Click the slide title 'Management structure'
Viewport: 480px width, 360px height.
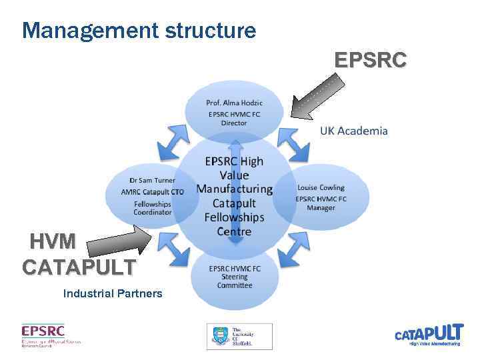click(139, 30)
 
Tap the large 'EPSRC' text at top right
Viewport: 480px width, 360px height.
click(369, 61)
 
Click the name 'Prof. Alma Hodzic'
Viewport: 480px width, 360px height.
click(234, 102)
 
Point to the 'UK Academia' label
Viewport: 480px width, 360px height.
click(353, 131)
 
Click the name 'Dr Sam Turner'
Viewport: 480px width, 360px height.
click(153, 180)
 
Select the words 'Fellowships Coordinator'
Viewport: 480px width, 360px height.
click(153, 208)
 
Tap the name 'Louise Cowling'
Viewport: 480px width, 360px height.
click(321, 187)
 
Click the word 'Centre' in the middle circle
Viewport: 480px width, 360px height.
click(234, 231)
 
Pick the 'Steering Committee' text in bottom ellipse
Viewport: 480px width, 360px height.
click(235, 281)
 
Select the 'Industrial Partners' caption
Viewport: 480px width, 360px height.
click(112, 293)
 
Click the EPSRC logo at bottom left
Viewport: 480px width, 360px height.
click(51, 335)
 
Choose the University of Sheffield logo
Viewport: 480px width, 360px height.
click(239, 336)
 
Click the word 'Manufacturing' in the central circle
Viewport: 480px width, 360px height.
click(234, 189)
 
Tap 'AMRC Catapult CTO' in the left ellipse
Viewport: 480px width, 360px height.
click(153, 193)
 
